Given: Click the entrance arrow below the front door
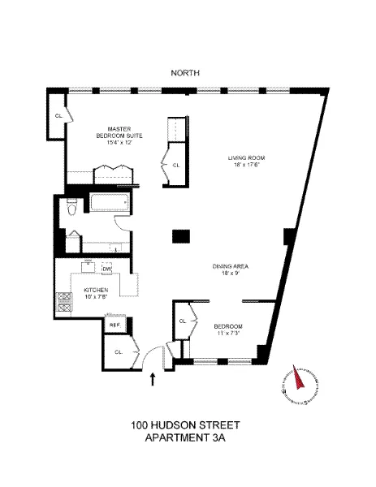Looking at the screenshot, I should point(153,377).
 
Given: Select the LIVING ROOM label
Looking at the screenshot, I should point(247,157).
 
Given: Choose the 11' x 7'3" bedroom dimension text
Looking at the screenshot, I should point(229,333).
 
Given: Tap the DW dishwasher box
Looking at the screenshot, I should point(106,268).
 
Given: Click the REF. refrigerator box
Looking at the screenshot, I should point(115,324).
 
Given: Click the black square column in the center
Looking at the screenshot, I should point(180,236).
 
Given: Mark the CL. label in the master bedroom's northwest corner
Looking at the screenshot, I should point(58,116).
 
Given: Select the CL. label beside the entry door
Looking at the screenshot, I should point(119,351).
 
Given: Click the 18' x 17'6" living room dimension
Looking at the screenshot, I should point(247,165).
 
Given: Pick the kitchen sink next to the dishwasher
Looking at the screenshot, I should point(89,267).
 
